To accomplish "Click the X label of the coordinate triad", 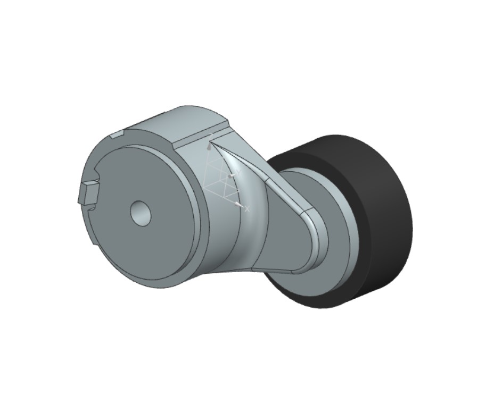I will click(247, 209).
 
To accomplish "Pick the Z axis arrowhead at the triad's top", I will click(209, 145).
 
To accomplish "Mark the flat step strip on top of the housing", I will click(202, 136).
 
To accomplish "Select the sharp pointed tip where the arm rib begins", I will click(211, 142).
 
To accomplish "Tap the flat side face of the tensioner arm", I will click(282, 234).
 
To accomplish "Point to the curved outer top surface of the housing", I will click(176, 120).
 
